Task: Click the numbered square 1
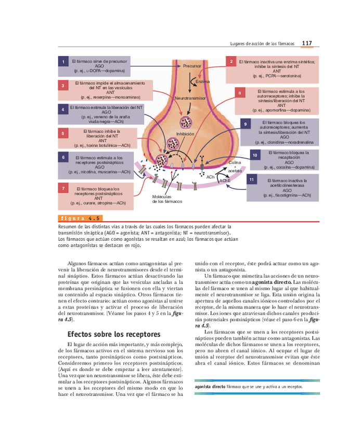tap(63, 62)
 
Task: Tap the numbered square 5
tap(63, 134)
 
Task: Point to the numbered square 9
tap(245, 125)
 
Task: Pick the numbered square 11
tap(252, 180)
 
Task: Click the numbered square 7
tap(63, 188)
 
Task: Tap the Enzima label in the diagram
tap(202, 82)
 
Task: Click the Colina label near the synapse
tap(234, 163)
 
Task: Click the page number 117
tap(306, 43)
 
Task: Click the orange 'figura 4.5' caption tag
tap(80, 218)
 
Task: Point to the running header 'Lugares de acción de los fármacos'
tap(262, 44)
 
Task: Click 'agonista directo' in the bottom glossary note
tap(210, 387)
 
